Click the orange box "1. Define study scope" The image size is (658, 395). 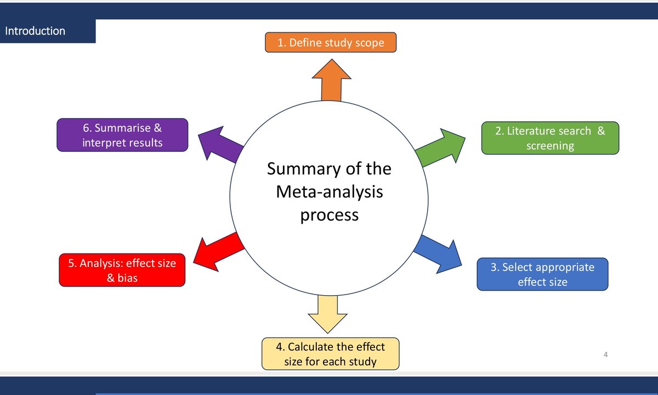pos(330,43)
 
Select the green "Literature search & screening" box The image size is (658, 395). pos(549,138)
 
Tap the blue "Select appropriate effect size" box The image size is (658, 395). pos(542,274)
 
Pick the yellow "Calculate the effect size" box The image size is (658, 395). pos(330,354)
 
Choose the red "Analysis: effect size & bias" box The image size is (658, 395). pos(122,270)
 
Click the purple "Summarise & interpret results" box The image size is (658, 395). pos(122,135)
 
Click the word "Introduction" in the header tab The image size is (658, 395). pos(35,31)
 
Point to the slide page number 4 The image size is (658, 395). pos(605,354)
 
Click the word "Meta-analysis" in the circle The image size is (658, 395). pos(329,191)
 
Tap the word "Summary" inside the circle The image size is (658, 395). pos(303,168)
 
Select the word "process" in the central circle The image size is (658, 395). pos(329,215)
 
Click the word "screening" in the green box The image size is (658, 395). pos(550,146)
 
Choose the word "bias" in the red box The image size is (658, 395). pos(127,278)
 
